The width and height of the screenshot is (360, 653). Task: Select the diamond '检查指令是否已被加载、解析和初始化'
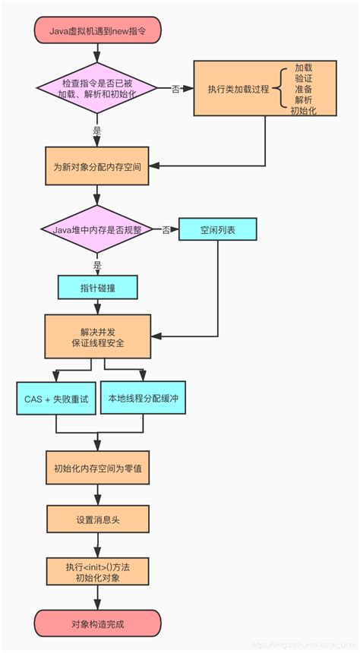[97, 89]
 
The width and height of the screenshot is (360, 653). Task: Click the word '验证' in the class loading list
[303, 78]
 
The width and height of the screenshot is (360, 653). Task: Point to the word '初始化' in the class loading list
[303, 110]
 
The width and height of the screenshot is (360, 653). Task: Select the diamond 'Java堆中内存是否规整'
[97, 229]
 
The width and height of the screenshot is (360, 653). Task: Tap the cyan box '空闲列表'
[218, 230]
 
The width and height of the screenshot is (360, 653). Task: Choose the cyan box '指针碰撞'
[97, 287]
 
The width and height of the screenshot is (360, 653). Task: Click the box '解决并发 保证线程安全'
[97, 337]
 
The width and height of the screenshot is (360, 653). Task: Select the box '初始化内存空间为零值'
[97, 469]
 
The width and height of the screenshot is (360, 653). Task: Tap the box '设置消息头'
[97, 520]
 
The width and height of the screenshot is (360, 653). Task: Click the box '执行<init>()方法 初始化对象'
[97, 572]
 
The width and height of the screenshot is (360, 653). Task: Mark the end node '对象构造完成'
[97, 623]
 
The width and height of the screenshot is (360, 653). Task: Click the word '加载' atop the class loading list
[303, 68]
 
